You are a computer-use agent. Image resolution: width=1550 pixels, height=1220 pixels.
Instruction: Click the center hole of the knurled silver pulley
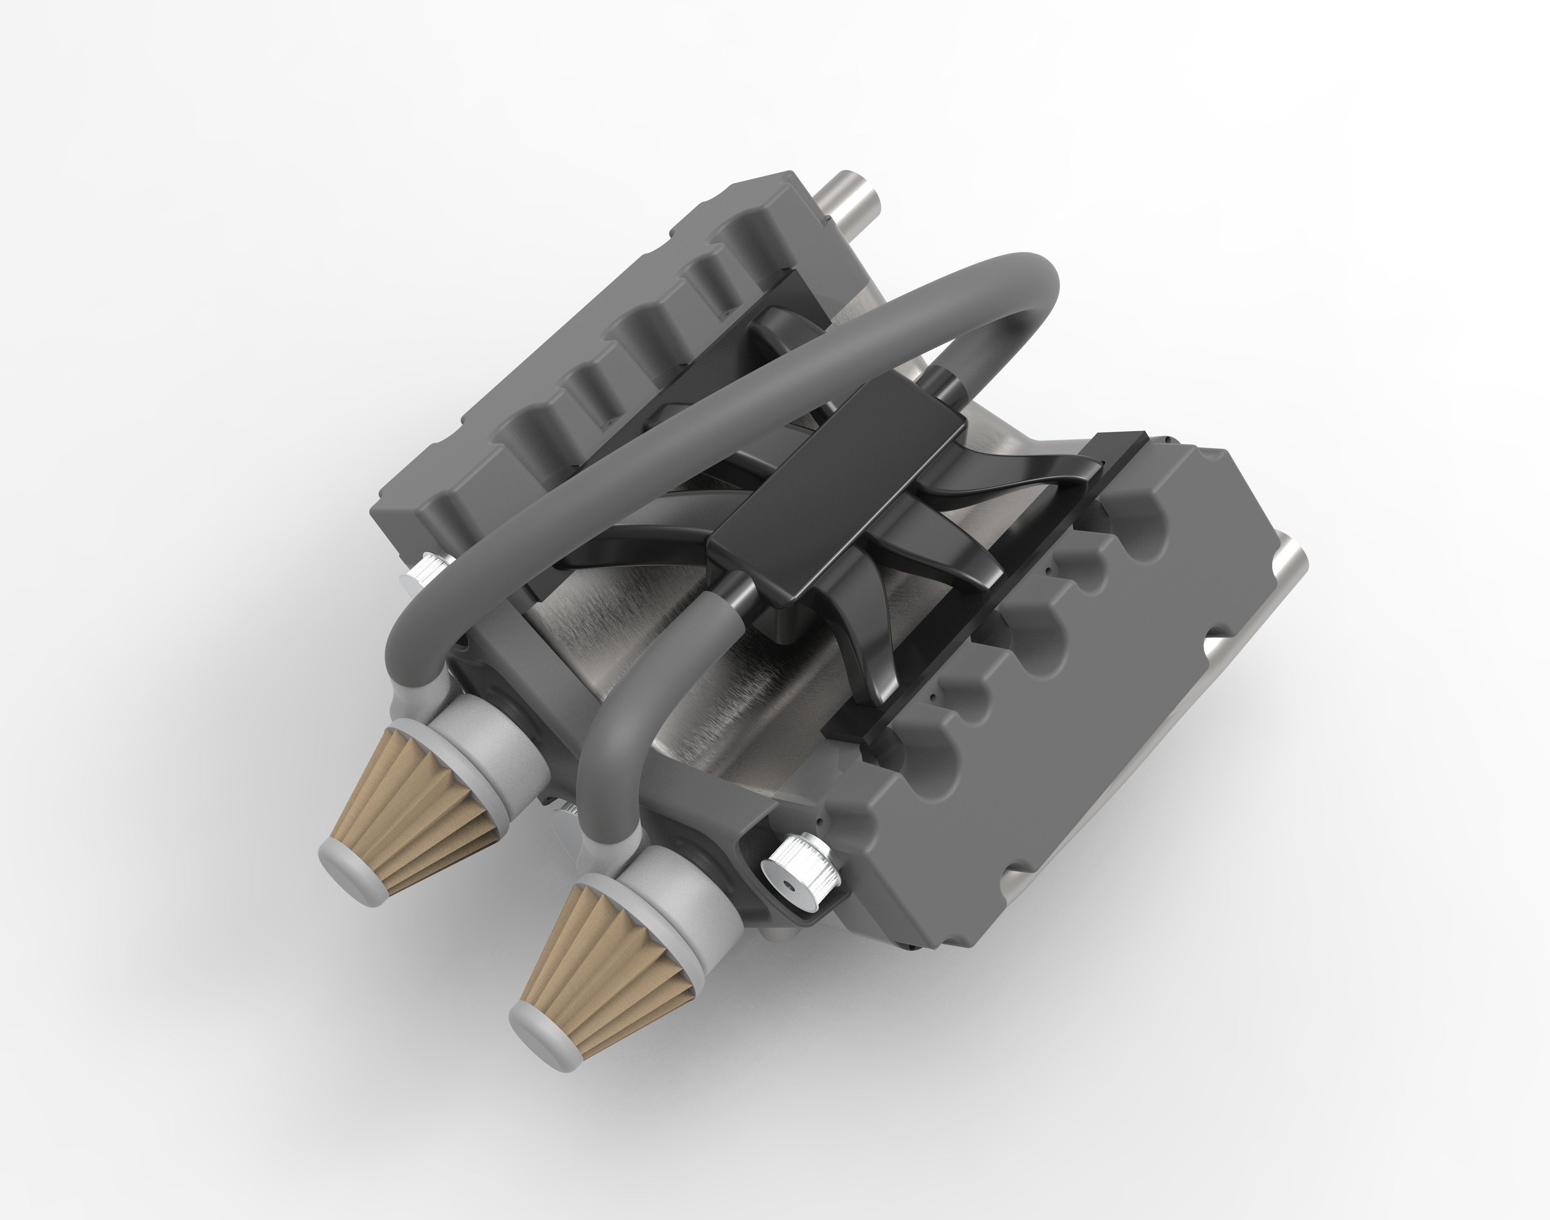[x=787, y=884]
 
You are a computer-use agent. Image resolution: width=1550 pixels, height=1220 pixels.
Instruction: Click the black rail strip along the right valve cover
[x=978, y=607]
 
